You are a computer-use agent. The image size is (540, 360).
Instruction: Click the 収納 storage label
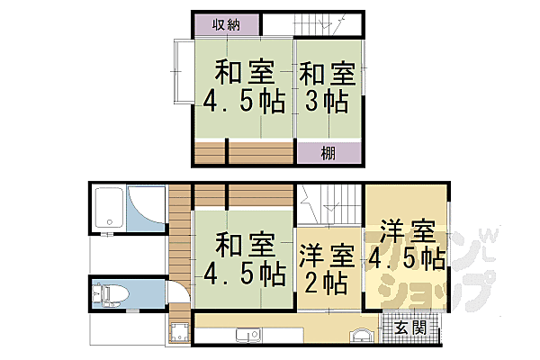coord(226,26)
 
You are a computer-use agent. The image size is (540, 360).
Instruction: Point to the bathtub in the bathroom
coord(108,209)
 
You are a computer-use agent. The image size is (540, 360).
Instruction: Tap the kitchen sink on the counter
coord(246,337)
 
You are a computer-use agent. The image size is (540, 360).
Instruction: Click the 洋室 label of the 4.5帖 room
coord(407,229)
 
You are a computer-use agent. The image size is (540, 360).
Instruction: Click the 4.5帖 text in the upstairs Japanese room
coord(244,102)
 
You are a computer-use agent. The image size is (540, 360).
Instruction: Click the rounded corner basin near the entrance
coord(361,335)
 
